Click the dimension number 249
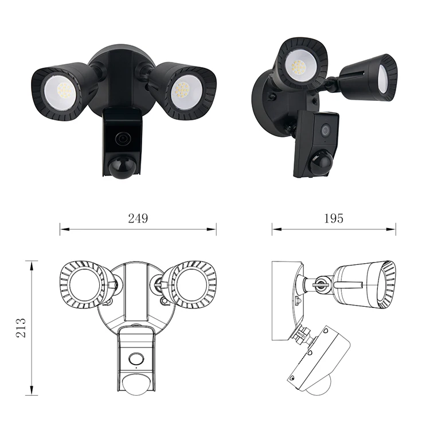coord(138,218)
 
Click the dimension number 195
coord(334,218)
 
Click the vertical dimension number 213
coord(22,327)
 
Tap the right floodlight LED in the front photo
coord(182,89)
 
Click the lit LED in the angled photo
coord(299,67)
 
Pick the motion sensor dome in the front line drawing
coord(136,387)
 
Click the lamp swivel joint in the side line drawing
coord(320,283)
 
